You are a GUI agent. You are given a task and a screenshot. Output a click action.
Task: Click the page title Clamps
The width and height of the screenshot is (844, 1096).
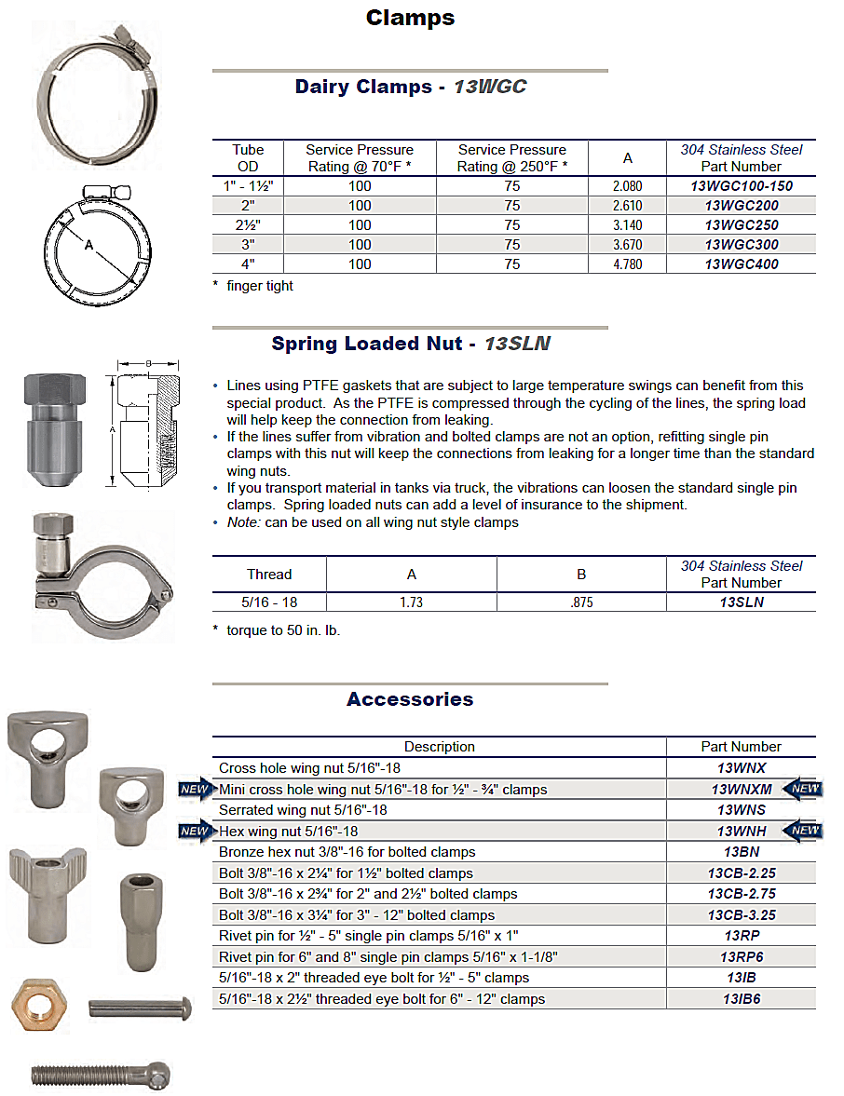pyautogui.click(x=410, y=18)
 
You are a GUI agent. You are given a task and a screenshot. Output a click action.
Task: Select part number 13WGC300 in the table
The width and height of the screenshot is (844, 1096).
pyautogui.click(x=741, y=245)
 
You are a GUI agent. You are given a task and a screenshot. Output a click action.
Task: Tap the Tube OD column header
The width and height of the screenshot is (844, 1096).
pyautogui.click(x=248, y=157)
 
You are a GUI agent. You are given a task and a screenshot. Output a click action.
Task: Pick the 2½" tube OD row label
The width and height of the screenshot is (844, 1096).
pyautogui.click(x=248, y=225)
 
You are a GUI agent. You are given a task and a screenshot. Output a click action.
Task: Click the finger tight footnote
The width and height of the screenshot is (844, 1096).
pyautogui.click(x=259, y=286)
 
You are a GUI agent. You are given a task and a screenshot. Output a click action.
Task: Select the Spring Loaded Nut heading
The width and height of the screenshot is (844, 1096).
pyautogui.click(x=410, y=344)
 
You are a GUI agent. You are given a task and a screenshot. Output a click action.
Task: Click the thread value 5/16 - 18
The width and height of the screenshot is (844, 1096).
pyautogui.click(x=269, y=602)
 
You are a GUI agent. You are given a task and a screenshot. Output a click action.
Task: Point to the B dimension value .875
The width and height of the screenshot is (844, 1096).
pyautogui.click(x=581, y=602)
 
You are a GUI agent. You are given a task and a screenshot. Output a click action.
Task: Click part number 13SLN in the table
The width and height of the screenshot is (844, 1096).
pyautogui.click(x=741, y=602)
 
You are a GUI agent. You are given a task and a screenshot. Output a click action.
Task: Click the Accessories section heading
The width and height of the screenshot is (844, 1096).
pyautogui.click(x=410, y=699)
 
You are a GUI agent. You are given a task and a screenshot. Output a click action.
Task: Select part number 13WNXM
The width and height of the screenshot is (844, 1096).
pyautogui.click(x=741, y=790)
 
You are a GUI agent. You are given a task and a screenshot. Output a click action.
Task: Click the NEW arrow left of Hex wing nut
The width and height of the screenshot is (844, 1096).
pyautogui.click(x=194, y=831)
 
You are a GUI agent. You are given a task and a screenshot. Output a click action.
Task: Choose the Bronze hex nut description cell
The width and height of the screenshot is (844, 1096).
pyautogui.click(x=347, y=852)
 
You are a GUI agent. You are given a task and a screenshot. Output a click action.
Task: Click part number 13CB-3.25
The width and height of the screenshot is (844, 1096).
pyautogui.click(x=741, y=915)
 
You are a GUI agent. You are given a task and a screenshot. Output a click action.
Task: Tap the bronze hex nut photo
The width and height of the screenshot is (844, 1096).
pyautogui.click(x=38, y=1006)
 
